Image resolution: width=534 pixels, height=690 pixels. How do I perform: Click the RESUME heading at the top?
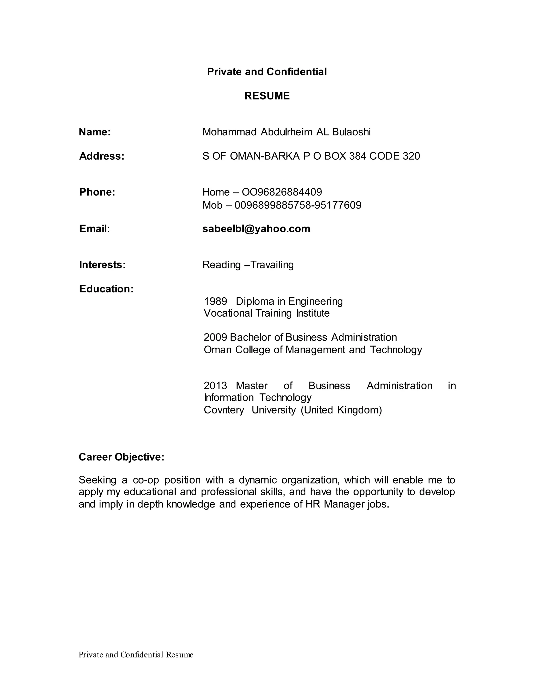point(267,96)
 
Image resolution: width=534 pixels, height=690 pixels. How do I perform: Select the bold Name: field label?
point(95,132)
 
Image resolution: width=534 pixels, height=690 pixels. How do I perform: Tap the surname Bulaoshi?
point(351,132)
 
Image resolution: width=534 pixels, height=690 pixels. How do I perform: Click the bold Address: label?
point(101,156)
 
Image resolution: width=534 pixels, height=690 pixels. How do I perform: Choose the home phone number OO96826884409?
point(282,192)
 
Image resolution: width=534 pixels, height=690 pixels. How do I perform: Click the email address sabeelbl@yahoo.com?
point(256,228)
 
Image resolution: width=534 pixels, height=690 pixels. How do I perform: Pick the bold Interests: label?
point(102,265)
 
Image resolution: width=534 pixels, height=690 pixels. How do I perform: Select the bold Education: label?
point(106,289)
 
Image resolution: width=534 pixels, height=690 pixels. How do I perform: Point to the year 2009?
point(215,337)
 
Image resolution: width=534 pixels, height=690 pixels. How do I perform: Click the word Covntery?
point(224,410)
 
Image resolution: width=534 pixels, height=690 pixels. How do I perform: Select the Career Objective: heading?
point(122,457)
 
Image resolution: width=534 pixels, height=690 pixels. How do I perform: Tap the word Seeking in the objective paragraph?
point(98,480)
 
